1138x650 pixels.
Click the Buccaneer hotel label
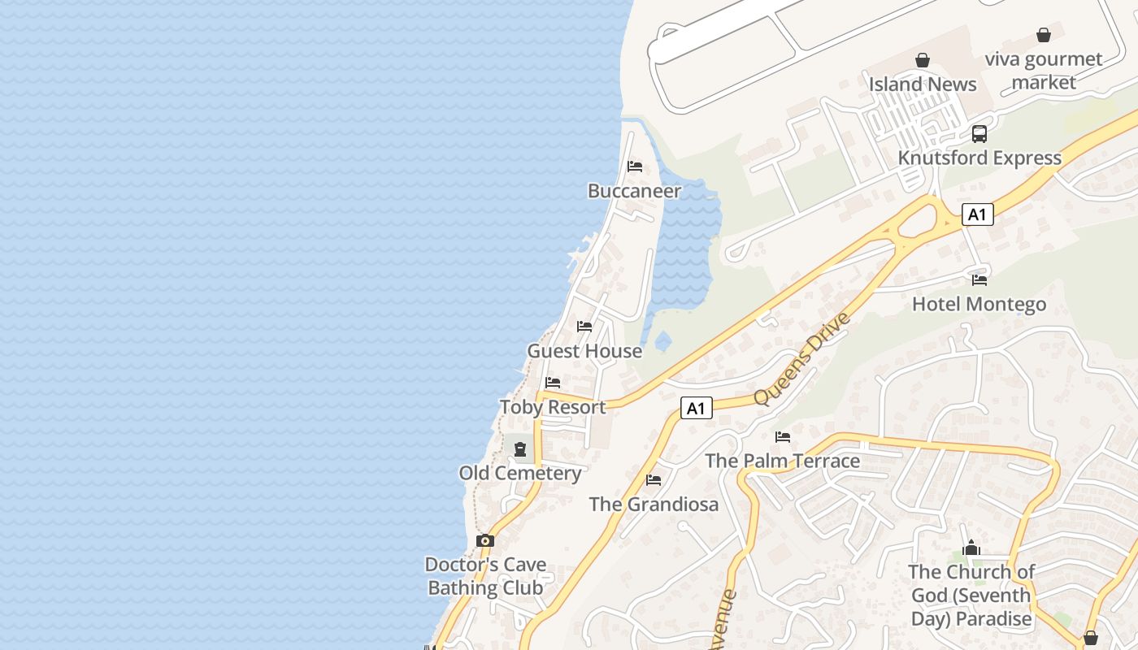[x=634, y=191]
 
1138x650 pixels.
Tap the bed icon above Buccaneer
[x=635, y=167]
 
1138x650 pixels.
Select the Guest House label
[x=584, y=351]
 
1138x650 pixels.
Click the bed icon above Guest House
[x=584, y=327]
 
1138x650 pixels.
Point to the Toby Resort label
[x=553, y=407]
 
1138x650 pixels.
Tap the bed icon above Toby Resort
[x=553, y=382]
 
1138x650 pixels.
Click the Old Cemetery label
[x=520, y=473]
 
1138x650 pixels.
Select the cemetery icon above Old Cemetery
[x=520, y=448]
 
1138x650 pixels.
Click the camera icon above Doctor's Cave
[x=485, y=540]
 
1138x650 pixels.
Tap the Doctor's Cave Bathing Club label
[x=486, y=576]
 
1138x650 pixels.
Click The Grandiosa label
[x=654, y=504]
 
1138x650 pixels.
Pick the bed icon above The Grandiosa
[x=654, y=480]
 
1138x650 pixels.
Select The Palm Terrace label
[x=782, y=461]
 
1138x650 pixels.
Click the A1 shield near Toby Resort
[x=696, y=408]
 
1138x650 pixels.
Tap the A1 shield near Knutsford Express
[x=977, y=214]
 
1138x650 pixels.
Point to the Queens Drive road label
[x=801, y=358]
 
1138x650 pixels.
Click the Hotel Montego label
[x=979, y=305]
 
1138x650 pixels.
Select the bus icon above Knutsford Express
[x=979, y=134]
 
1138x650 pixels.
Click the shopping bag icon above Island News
[x=923, y=60]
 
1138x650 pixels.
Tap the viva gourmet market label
[x=1044, y=71]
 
